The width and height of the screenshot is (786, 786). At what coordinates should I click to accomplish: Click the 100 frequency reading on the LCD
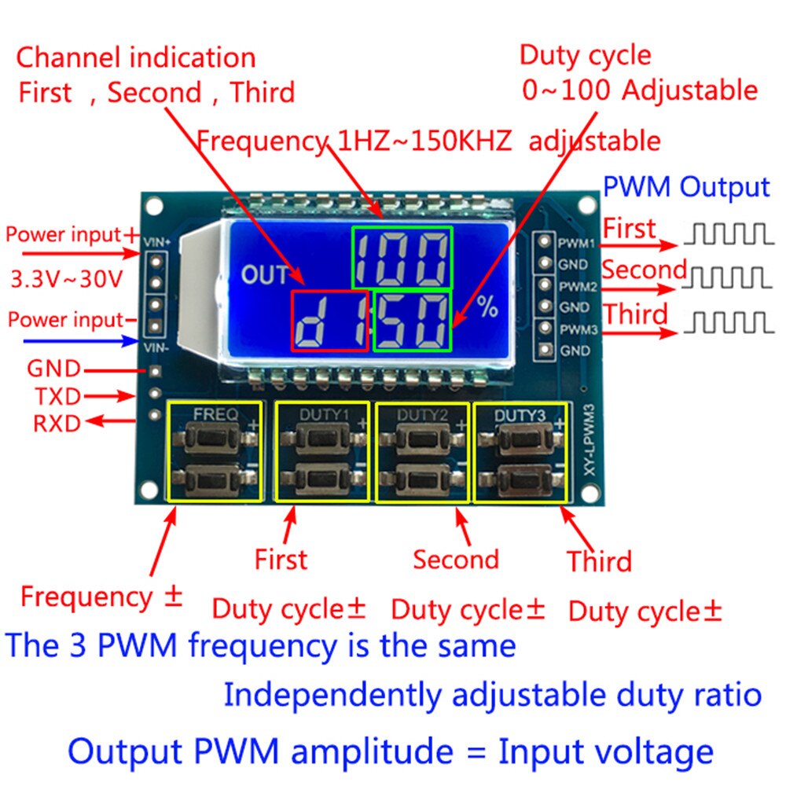(402, 257)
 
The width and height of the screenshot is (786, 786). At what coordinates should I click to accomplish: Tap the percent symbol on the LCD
(487, 307)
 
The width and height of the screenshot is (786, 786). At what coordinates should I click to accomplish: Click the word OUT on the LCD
(265, 275)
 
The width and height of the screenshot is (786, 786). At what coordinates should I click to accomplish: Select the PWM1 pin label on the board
(576, 243)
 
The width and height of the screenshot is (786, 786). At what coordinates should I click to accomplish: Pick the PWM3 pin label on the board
(576, 329)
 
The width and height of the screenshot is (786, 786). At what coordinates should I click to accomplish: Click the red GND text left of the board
(53, 369)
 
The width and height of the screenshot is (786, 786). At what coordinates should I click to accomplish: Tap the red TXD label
(57, 396)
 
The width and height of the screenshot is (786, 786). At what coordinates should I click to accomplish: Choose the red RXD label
(57, 424)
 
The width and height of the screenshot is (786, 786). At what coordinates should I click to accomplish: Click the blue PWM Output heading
(685, 188)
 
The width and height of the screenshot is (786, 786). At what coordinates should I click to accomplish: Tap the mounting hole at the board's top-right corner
(586, 205)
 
